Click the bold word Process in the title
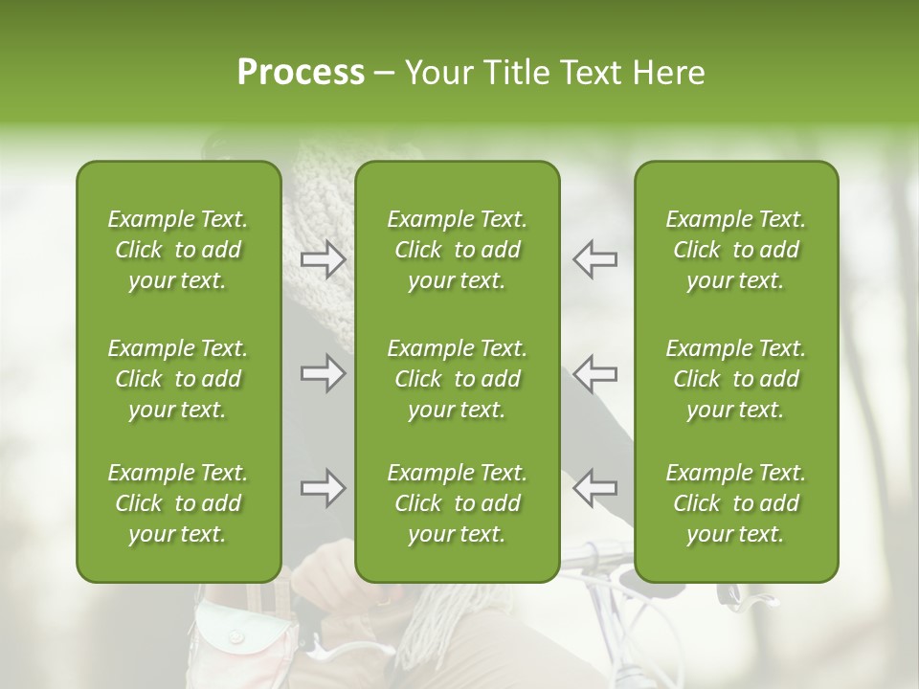pos(301,73)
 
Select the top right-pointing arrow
pos(324,258)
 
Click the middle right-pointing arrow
pos(324,373)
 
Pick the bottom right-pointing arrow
pos(324,488)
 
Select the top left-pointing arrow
pos(594,258)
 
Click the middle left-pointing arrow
pos(594,373)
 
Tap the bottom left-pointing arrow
pos(594,488)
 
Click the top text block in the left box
pos(178,250)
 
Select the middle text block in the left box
pos(178,379)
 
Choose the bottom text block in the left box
pos(178,503)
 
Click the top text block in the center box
pos(457,250)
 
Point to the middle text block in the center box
pos(457,379)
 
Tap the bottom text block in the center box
pos(457,503)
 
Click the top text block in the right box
pos(735,250)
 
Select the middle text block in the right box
pos(735,379)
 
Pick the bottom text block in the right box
pos(735,503)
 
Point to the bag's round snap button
pos(235,636)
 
